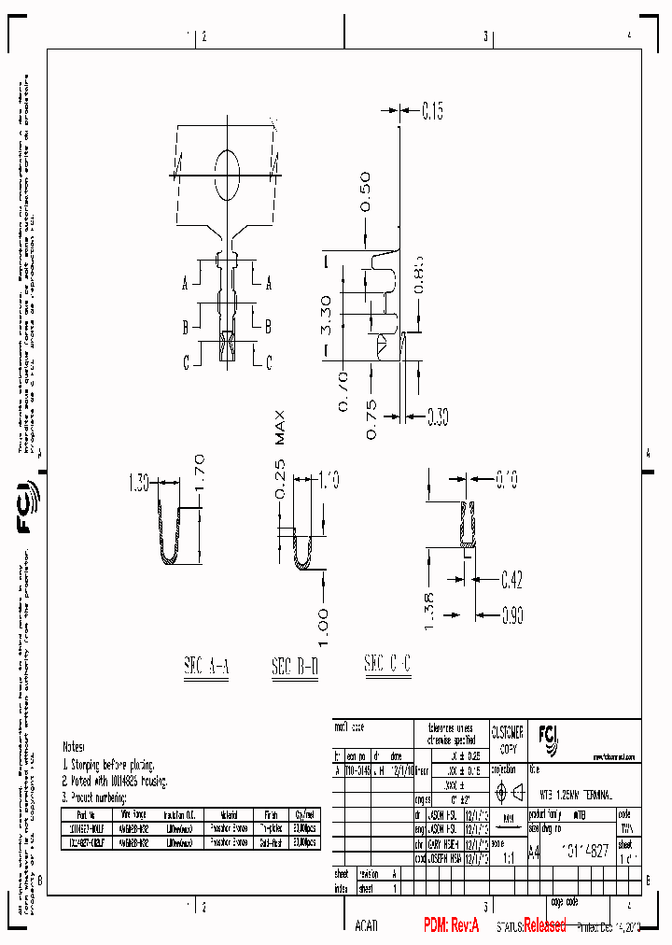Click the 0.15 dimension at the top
432,112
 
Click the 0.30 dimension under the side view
438,414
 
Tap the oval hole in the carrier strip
227,174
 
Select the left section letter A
186,282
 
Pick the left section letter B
186,326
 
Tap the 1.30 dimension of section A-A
139,483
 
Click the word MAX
281,429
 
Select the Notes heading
75,747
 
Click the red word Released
544,925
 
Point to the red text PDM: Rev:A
451,924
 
